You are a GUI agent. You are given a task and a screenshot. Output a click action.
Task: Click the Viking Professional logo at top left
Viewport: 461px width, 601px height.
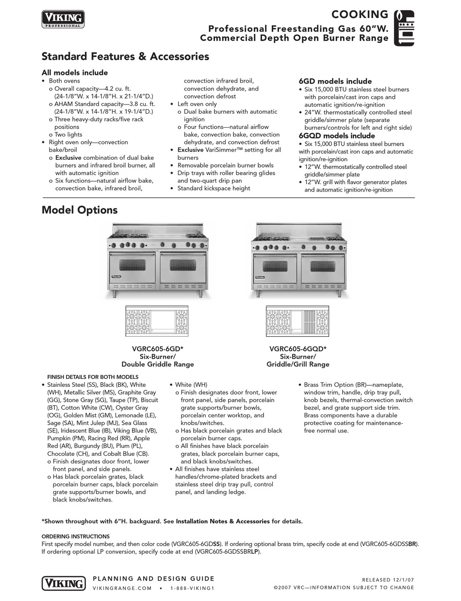coord(63,19)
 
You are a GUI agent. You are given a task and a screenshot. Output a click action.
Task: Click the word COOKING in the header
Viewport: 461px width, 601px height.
coord(360,15)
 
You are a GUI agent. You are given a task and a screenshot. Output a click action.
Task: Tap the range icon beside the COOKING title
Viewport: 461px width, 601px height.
coord(404,28)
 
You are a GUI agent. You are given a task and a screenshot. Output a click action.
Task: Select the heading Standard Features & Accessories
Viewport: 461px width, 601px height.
coord(125,56)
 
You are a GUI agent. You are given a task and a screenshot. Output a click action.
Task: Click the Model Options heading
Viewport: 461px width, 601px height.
coord(80,210)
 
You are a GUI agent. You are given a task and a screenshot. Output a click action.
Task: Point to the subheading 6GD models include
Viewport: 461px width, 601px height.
coord(335,81)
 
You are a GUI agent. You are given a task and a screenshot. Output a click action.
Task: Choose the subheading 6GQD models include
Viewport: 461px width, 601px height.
coord(337,136)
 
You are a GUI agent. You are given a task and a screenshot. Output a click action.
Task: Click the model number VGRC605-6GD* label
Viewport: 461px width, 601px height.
coord(157,348)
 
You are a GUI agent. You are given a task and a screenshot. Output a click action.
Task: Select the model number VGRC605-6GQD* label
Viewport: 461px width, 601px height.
coord(297,348)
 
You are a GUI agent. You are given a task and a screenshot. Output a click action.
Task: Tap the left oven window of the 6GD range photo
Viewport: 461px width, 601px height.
coord(132,265)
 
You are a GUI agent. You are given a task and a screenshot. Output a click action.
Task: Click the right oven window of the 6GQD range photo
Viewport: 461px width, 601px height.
coord(322,266)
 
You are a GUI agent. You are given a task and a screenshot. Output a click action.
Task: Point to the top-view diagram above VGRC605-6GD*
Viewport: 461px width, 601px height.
coord(157,321)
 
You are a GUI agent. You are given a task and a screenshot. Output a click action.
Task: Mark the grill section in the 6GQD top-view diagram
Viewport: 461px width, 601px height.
coord(309,321)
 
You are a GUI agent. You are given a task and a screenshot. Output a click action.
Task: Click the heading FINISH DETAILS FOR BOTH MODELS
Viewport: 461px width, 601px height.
coord(93,377)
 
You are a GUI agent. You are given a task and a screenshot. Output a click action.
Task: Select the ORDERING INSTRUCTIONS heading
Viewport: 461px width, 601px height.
coord(76,536)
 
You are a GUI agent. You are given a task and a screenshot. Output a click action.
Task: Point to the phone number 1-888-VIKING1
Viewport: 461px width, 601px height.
coord(192,588)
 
